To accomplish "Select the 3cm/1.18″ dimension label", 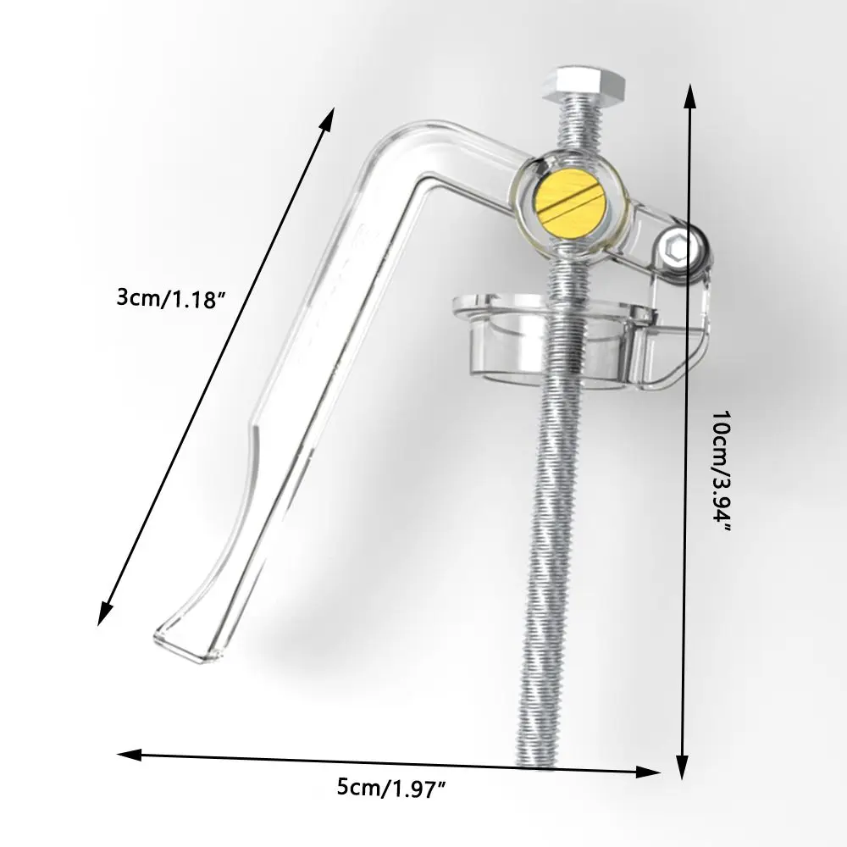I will (171, 298).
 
